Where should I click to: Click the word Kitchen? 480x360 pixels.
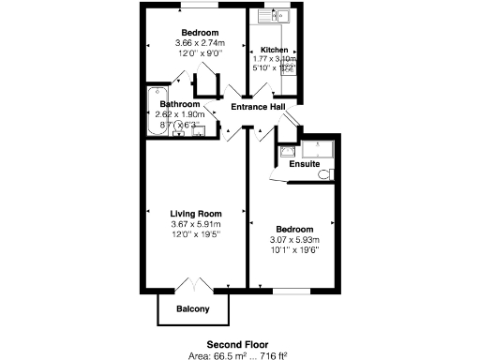pyautogui.click(x=275, y=50)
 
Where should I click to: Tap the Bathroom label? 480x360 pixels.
pyautogui.click(x=178, y=104)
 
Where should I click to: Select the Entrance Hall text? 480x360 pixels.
pyautogui.click(x=258, y=107)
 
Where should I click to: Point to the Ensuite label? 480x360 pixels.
pyautogui.click(x=304, y=164)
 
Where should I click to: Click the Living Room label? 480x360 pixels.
pyautogui.click(x=195, y=214)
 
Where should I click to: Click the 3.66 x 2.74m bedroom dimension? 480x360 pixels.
pyautogui.click(x=199, y=43)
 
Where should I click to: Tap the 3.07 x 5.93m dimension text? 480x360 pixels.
pyautogui.click(x=293, y=239)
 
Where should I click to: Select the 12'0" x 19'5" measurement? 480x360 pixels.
pyautogui.click(x=195, y=233)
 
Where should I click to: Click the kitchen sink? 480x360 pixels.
pyautogui.click(x=277, y=16)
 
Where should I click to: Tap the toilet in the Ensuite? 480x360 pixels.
pyautogui.click(x=324, y=173)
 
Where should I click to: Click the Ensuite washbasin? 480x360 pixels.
pyautogui.click(x=287, y=149)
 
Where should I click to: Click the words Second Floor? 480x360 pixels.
pyautogui.click(x=235, y=344)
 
